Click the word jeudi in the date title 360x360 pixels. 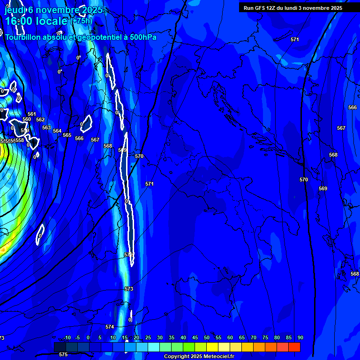[x=15, y=10]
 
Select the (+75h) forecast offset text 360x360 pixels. [x=81, y=21]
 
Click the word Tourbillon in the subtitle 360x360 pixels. [x=25, y=37]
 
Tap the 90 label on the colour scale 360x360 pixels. [x=300, y=338]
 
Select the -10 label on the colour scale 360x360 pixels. [x=67, y=338]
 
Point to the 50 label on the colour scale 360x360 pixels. [x=207, y=338]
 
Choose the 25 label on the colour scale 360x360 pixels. [x=148, y=338]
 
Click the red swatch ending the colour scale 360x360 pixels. [x=294, y=347]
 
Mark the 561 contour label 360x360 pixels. [x=32, y=114]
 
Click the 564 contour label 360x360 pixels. [x=57, y=131]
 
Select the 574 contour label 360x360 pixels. [x=110, y=327]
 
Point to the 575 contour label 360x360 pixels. [x=63, y=355]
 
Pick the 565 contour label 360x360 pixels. [x=67, y=135]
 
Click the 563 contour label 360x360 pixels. [x=46, y=127]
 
